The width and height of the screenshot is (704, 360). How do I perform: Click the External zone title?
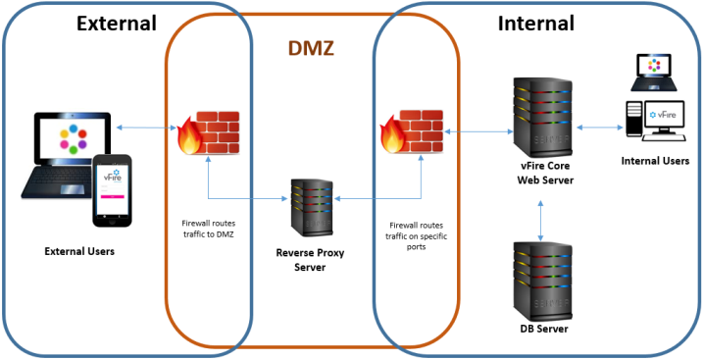(x=116, y=23)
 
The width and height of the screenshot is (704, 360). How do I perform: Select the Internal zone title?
(x=535, y=23)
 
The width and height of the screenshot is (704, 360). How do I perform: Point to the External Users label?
(x=79, y=252)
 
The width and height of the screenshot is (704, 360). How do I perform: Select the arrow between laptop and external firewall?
(x=145, y=127)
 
